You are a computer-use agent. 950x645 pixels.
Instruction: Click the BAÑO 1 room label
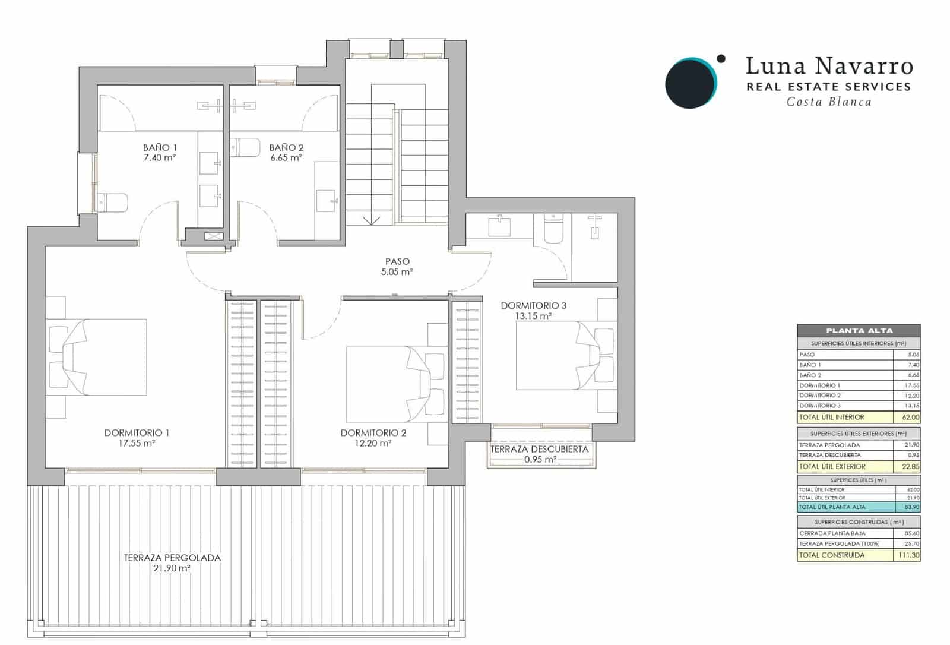[x=160, y=147]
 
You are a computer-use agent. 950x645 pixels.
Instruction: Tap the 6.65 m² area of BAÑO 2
[x=286, y=158]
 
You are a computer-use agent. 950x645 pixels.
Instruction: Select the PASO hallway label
[x=397, y=261]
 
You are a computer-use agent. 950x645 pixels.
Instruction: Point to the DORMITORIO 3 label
[x=533, y=306]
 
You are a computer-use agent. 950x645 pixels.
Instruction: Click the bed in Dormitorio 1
[x=97, y=357]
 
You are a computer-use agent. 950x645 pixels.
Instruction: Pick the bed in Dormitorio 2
[x=395, y=384]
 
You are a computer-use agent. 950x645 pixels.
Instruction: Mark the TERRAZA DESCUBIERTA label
[x=539, y=450]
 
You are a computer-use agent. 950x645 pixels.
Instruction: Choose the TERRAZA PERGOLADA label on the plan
[x=172, y=558]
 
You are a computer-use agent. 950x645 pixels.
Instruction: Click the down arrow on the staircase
[x=371, y=220]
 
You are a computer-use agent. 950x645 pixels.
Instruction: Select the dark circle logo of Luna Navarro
[x=690, y=83]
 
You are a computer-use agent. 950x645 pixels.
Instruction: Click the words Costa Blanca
[x=829, y=102]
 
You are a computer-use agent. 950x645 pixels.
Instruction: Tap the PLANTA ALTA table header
[x=859, y=331]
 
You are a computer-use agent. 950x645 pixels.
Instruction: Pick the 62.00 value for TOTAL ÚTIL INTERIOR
[x=911, y=418]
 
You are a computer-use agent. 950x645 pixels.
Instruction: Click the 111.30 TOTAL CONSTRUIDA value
[x=908, y=555]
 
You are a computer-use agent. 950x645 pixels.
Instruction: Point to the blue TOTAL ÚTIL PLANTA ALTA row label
[x=832, y=507]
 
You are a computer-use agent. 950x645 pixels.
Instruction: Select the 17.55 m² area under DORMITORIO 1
[x=137, y=443]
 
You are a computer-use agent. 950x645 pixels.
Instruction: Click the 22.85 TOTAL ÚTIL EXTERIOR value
[x=911, y=467]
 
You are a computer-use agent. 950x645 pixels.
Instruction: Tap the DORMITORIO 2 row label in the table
[x=820, y=396]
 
